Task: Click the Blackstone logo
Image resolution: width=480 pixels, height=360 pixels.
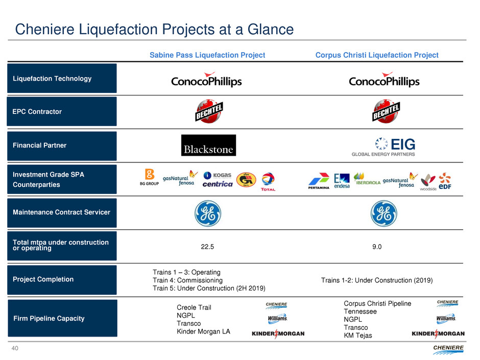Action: coord(208,145)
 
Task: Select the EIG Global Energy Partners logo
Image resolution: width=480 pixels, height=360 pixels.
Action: coord(383,147)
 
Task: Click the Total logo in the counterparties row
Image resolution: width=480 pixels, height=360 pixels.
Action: coord(268,182)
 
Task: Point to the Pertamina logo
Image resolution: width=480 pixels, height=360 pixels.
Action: coord(319,182)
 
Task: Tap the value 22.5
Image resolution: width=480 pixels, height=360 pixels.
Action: coord(208,247)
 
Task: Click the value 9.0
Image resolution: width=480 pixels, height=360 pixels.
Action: coord(377,247)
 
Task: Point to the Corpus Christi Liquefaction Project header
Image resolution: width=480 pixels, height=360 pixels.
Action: coord(377,55)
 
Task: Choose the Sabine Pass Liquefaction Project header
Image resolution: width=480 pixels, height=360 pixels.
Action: coord(207,55)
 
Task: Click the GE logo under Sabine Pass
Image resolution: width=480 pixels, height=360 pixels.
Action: coord(208,213)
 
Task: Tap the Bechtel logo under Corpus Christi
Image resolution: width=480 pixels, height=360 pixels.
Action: coord(384,111)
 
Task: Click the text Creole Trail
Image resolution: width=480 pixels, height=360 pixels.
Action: coord(194,307)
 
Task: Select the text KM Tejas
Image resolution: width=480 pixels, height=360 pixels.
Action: coord(358,335)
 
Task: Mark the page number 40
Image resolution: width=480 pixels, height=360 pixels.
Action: coord(15,348)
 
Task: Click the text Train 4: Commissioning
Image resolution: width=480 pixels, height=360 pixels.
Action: coord(187,280)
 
